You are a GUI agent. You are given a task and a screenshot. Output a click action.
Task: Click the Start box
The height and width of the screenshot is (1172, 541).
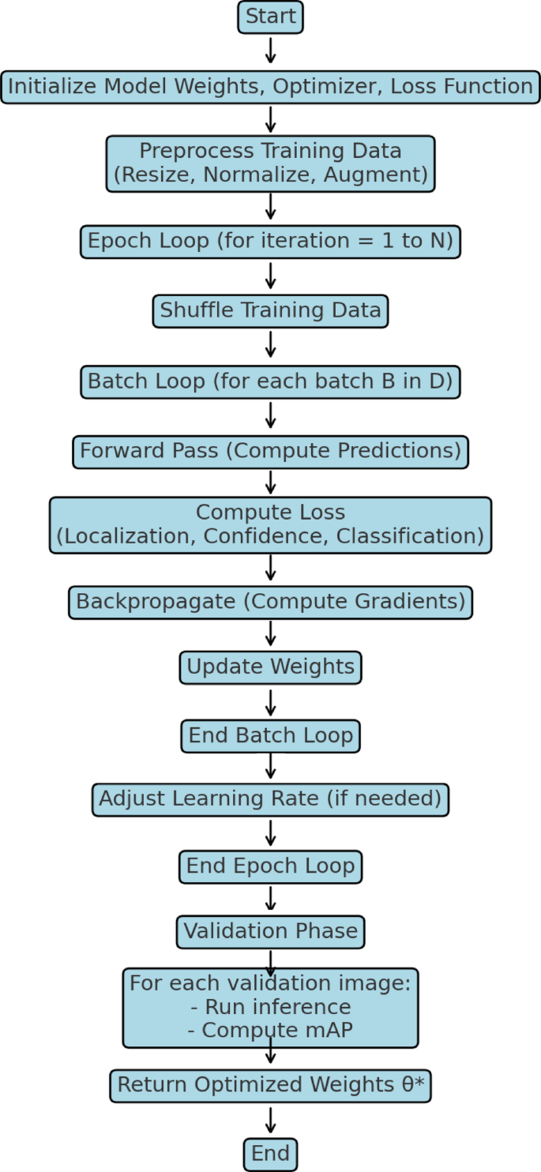(x=270, y=17)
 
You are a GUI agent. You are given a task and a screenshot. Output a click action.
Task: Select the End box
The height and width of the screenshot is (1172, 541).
(x=270, y=1154)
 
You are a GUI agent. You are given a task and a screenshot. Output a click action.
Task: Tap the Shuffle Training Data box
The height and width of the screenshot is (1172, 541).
(x=270, y=310)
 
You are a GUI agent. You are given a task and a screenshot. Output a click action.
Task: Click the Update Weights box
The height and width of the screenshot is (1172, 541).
(x=270, y=667)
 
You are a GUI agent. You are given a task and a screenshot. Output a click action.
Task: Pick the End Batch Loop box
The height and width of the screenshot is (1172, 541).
(x=270, y=736)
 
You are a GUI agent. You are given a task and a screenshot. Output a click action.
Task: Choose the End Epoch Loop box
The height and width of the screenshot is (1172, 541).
(x=270, y=866)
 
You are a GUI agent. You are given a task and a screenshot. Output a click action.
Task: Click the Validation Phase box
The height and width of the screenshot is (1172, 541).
(x=270, y=932)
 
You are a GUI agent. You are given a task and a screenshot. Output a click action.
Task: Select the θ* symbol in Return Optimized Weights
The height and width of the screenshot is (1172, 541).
(x=413, y=1085)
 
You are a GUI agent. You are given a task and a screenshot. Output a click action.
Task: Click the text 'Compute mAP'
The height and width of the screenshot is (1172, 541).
(x=270, y=1031)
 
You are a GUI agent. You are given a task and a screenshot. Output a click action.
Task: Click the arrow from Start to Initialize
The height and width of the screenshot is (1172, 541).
(x=270, y=51)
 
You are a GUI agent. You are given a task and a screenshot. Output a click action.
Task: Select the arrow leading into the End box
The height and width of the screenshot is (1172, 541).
(x=270, y=1121)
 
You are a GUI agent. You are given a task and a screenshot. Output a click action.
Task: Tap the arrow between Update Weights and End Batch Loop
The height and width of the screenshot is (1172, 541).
(x=270, y=701)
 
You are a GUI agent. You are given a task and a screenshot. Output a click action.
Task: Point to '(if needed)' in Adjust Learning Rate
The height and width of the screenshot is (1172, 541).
(x=385, y=799)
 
